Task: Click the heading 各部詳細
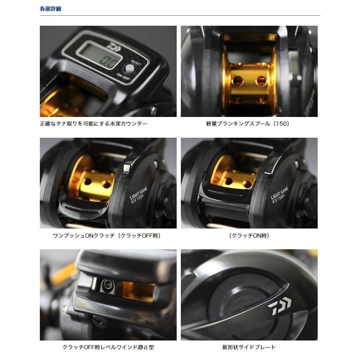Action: [x=50, y=9]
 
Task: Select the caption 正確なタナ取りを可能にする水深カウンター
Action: [x=93, y=124]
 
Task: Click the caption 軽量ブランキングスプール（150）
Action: [x=248, y=124]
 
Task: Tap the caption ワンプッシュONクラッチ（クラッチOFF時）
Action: [x=107, y=235]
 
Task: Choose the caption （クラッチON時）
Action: [x=249, y=235]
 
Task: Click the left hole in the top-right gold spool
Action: [x=237, y=80]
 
